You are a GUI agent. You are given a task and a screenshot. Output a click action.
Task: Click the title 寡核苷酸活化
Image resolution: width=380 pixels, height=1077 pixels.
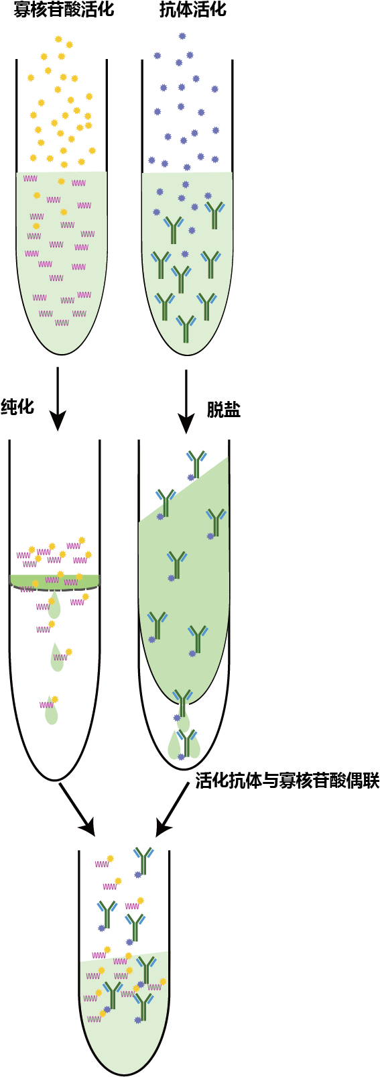pyautogui.click(x=64, y=9)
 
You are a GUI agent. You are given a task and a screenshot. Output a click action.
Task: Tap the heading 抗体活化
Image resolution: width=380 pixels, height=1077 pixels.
pyautogui.click(x=192, y=9)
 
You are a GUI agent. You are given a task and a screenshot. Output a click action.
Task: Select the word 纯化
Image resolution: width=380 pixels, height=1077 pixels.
pyautogui.click(x=18, y=406)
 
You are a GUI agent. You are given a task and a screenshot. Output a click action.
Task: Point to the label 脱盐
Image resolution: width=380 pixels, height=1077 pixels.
pyautogui.click(x=224, y=410)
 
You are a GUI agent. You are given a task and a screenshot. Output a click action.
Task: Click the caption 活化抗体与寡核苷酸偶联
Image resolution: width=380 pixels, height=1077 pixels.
pyautogui.click(x=288, y=781)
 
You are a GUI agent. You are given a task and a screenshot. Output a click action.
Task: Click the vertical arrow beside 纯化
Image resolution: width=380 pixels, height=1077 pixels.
pyautogui.click(x=58, y=399)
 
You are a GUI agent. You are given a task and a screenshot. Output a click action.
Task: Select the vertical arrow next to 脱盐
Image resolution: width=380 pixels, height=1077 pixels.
pyautogui.click(x=186, y=402)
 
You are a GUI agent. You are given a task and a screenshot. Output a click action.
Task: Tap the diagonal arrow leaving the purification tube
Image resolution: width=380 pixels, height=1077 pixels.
pyautogui.click(x=76, y=809)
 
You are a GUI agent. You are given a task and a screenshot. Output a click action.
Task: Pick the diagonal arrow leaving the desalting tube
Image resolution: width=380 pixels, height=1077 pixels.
pyautogui.click(x=172, y=809)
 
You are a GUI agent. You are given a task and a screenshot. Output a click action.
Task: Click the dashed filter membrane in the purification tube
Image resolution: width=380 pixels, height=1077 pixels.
pyautogui.click(x=55, y=588)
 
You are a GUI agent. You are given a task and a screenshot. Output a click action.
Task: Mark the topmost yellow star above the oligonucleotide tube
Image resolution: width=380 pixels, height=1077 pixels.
pyautogui.click(x=58, y=39)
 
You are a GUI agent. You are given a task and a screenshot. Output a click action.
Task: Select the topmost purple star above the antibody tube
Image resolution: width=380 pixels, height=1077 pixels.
pyautogui.click(x=182, y=36)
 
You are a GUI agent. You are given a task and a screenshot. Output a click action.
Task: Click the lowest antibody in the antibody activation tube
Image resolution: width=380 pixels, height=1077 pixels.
pyautogui.click(x=186, y=329)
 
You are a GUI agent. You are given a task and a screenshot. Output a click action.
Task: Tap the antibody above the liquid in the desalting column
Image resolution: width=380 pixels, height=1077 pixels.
pyautogui.click(x=196, y=463)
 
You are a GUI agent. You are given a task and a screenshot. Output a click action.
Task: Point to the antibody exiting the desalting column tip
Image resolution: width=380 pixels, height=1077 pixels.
pyautogui.click(x=182, y=703)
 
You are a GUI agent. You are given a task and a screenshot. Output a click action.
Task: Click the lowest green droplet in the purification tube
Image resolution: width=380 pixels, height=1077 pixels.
pyautogui.click(x=51, y=711)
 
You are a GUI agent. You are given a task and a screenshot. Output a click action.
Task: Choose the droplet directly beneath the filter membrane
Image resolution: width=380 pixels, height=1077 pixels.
pyautogui.click(x=54, y=606)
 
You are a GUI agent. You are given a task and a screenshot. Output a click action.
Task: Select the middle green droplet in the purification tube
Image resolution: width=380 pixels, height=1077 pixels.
pyautogui.click(x=57, y=658)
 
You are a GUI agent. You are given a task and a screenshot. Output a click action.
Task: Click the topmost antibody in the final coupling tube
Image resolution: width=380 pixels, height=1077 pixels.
pyautogui.click(x=143, y=861)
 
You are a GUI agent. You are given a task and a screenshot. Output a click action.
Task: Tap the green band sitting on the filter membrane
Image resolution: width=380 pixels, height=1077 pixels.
pyautogui.click(x=55, y=580)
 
